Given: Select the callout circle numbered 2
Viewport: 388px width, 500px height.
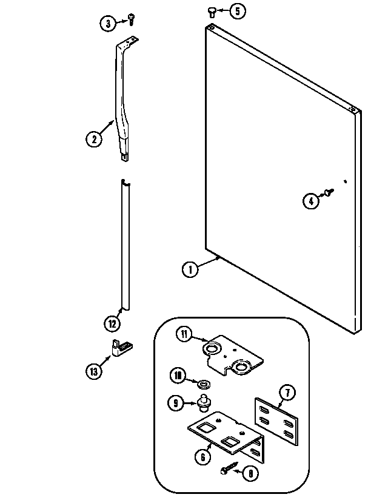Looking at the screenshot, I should tap(93, 139).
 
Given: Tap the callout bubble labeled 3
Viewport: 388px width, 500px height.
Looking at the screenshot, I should tap(107, 24).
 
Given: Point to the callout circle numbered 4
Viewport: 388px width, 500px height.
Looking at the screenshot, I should tap(310, 201).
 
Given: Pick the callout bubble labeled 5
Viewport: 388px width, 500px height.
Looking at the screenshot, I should tap(237, 11).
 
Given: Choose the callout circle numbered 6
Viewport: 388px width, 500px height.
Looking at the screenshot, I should tap(202, 457).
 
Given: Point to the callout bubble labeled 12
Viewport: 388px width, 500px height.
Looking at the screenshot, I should tap(112, 324).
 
